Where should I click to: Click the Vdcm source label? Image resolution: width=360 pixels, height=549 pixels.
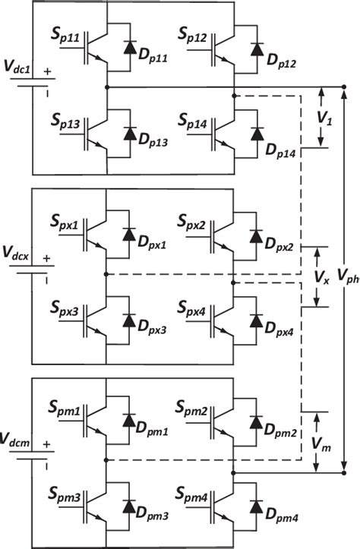(x=17, y=440)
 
